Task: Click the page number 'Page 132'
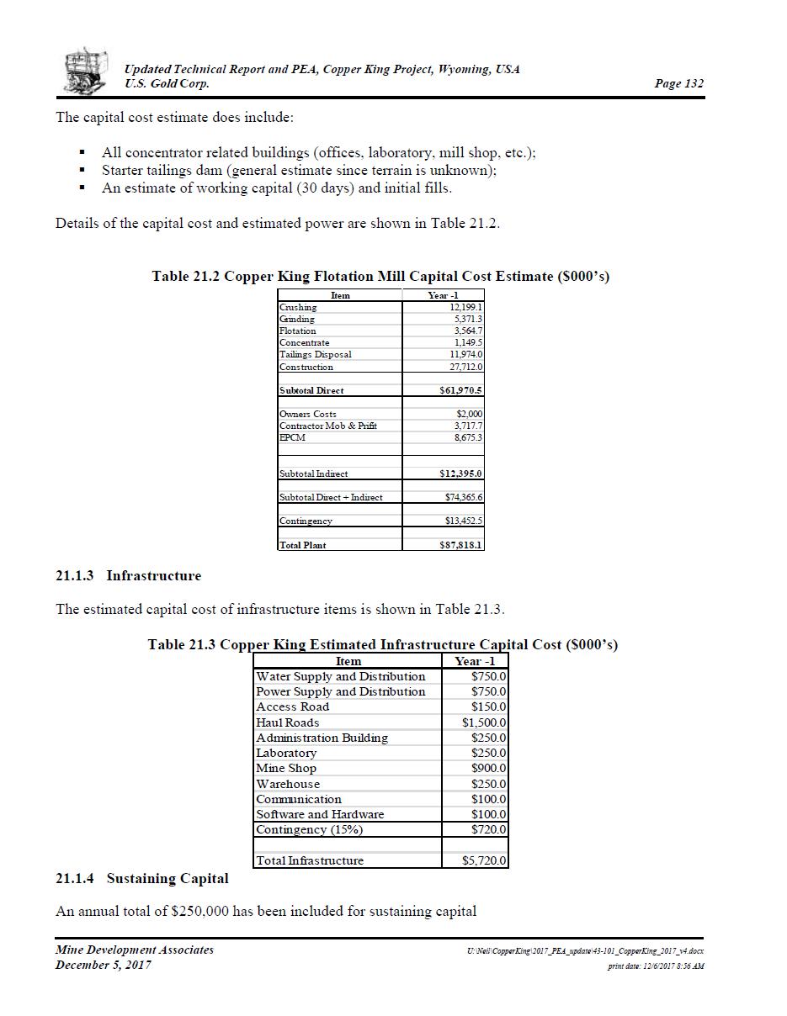coord(678,83)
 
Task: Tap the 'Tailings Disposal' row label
coord(315,354)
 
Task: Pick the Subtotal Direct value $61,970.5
coord(461,390)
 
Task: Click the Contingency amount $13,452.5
coord(464,521)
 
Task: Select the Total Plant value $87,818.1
coord(461,545)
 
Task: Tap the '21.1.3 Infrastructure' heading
coord(128,576)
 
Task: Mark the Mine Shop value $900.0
coord(489,768)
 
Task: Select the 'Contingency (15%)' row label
coord(309,829)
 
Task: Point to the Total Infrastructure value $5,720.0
coord(484,860)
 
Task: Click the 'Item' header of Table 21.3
coord(348,661)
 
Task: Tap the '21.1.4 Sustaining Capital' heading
coord(141,878)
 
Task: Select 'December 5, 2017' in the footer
coord(103,965)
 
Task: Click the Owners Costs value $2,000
coord(470,414)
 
